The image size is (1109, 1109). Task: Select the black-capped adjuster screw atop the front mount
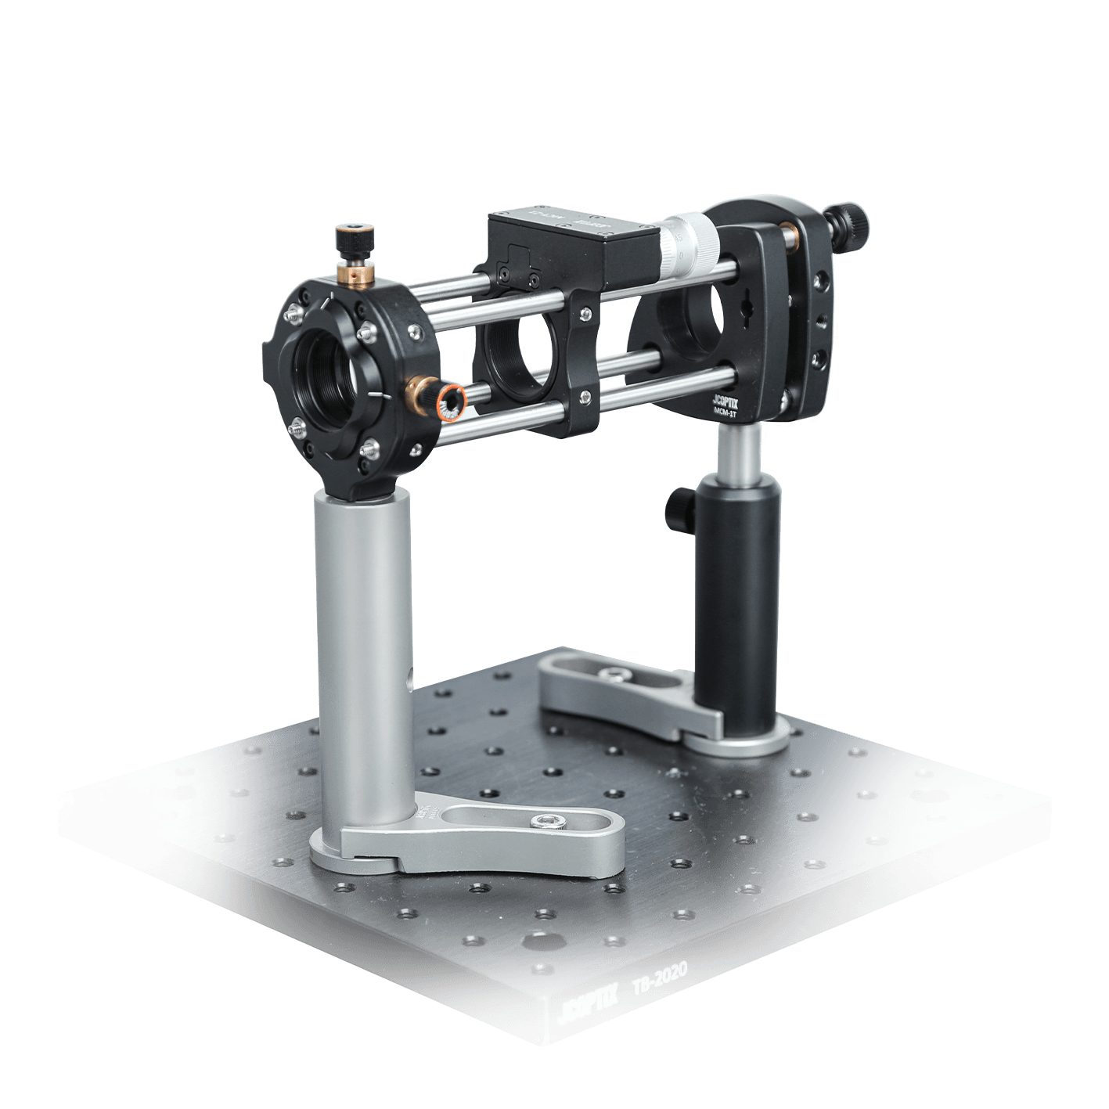click(355, 237)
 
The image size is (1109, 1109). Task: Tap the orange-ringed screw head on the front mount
click(452, 400)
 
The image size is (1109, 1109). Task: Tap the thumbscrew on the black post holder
click(674, 510)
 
